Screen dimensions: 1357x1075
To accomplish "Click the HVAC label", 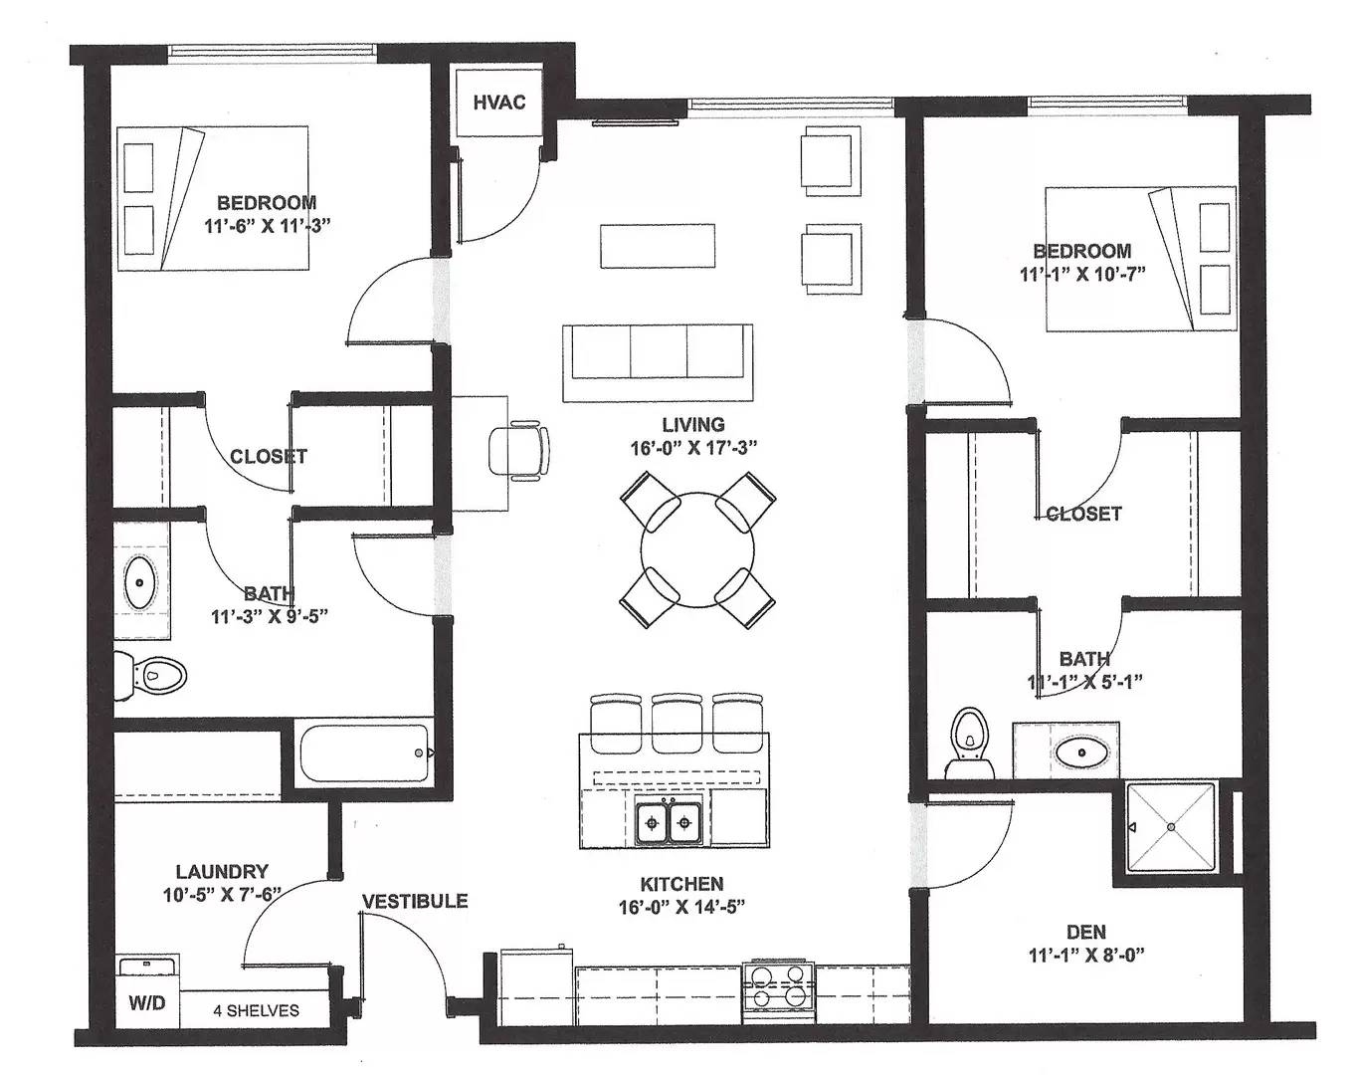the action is (499, 103).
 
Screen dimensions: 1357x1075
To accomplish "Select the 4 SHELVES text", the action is (256, 1010).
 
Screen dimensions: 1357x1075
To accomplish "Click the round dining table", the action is (696, 549).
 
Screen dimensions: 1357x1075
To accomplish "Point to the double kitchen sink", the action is (669, 822).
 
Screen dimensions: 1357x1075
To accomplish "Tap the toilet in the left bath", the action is (150, 676).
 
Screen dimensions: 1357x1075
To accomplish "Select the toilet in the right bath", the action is (970, 745).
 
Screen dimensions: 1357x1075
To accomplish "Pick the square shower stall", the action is (1171, 827).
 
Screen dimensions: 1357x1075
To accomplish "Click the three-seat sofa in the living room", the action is (657, 362).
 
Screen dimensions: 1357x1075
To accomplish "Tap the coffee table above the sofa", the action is (658, 246).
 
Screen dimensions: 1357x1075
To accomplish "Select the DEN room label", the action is (1086, 932).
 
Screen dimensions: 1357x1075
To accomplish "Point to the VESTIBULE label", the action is (415, 901).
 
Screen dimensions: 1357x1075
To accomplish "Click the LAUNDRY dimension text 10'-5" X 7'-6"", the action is (222, 895).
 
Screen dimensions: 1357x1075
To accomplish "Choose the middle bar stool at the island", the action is (677, 723).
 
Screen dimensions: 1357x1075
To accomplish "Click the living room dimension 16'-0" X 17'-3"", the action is (693, 448).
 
